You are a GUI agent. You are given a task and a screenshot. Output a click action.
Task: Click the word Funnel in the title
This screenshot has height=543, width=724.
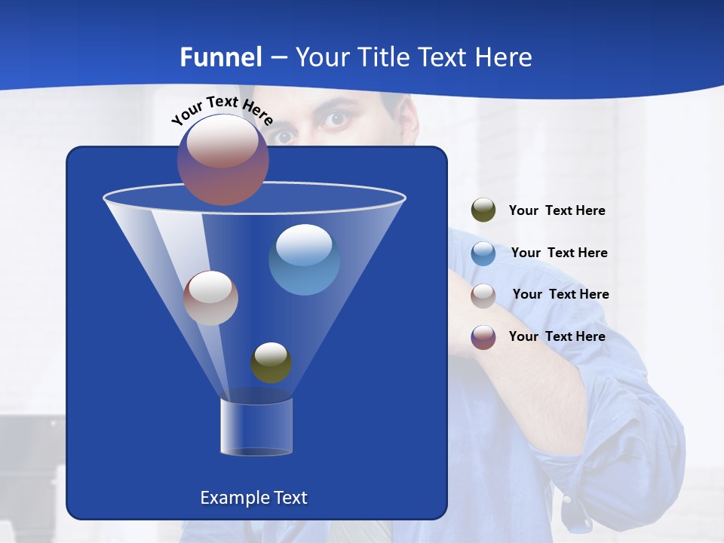click(221, 57)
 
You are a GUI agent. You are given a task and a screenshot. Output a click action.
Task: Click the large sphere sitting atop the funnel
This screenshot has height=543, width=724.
click(222, 160)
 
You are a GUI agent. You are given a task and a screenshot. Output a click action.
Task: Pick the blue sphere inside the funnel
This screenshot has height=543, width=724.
click(304, 259)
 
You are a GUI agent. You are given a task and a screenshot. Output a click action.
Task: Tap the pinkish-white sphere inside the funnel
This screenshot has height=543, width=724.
click(210, 298)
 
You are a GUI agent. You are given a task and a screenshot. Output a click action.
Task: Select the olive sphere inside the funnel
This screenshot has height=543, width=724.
click(271, 363)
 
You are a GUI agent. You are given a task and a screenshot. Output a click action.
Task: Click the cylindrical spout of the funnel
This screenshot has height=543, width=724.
click(256, 427)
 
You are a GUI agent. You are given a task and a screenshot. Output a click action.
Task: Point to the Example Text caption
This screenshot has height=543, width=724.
click(253, 498)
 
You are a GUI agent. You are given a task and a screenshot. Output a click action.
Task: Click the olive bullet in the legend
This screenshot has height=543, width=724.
click(483, 210)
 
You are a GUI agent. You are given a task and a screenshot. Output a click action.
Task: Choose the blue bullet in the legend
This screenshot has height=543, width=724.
click(483, 253)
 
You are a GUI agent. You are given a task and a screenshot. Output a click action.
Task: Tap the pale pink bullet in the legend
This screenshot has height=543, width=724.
click(483, 295)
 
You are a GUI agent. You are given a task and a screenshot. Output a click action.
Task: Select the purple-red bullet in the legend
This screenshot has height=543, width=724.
click(483, 337)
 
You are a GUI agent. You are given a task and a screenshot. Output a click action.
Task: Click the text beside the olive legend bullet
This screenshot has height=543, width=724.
click(557, 210)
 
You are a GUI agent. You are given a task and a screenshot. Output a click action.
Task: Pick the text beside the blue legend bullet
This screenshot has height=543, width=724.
click(559, 253)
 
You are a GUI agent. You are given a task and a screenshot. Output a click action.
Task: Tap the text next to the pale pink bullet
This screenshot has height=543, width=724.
click(560, 294)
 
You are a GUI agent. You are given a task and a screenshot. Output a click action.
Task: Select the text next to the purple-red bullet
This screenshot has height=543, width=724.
click(557, 336)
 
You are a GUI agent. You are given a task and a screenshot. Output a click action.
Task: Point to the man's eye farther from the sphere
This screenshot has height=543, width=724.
click(336, 119)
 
